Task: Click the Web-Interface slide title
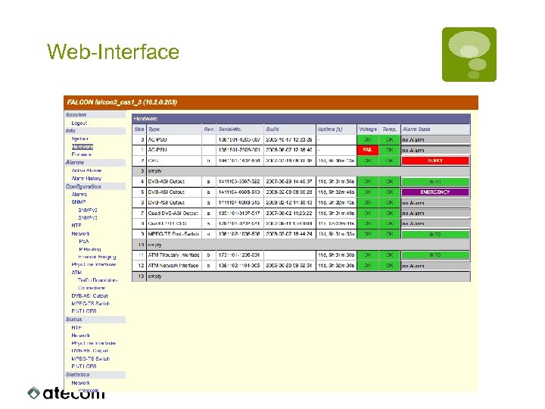tap(113, 52)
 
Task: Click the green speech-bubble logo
tap(469, 54)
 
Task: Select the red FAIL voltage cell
tap(367, 150)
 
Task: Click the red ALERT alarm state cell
tap(435, 161)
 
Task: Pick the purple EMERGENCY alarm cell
tap(435, 192)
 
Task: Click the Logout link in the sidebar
tap(79, 123)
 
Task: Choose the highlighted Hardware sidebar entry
tap(83, 147)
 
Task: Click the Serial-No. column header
tap(233, 130)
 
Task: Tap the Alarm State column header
tap(417, 130)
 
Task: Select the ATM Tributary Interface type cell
tap(173, 255)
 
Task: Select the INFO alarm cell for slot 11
tap(435, 255)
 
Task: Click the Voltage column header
tap(367, 130)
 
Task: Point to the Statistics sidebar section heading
tap(77, 375)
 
